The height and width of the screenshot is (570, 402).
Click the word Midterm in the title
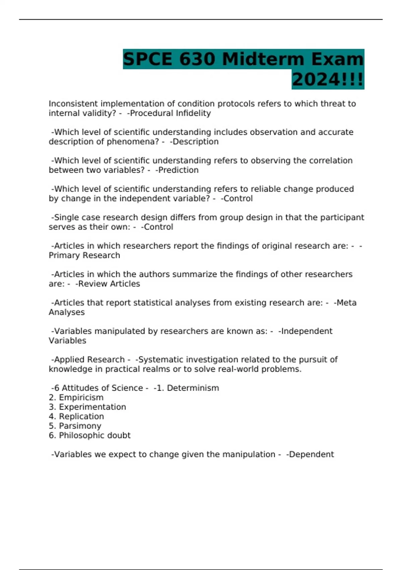tap(263, 59)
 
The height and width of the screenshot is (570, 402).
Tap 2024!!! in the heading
tap(328, 80)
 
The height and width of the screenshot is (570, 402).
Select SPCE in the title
tap(148, 59)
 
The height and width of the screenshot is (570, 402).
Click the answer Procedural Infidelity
tap(170, 113)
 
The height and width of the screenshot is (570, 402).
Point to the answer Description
tap(195, 142)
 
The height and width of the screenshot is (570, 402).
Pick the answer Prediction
tap(178, 170)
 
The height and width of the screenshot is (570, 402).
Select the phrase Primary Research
tap(84, 255)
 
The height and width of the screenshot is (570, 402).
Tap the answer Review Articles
tap(109, 284)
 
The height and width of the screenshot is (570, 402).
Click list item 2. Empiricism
tap(76, 398)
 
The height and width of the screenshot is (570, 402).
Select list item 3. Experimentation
tap(87, 407)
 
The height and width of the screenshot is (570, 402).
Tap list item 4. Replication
tap(76, 416)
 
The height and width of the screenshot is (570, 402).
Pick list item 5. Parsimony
tap(75, 426)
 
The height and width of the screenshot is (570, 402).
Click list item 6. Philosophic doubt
tap(89, 436)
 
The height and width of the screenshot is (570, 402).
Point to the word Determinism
tap(193, 388)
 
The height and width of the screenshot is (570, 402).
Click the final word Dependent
tap(311, 454)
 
